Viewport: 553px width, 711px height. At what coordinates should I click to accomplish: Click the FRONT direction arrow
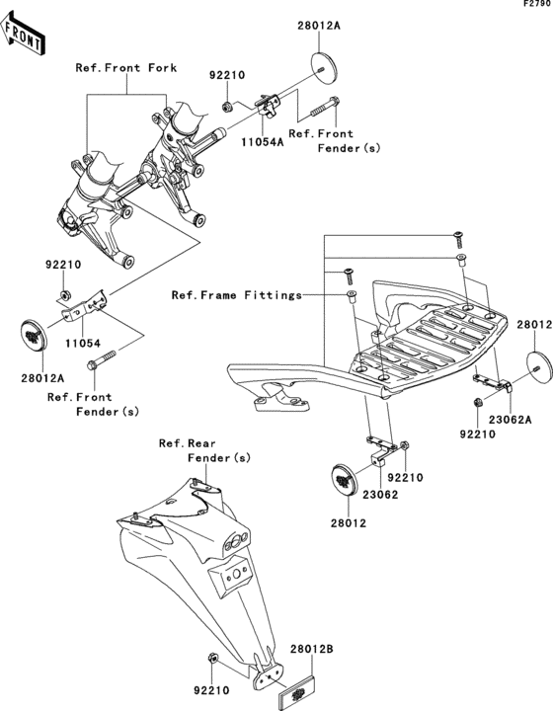(x=22, y=34)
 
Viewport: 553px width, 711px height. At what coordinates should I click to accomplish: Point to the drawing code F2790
(x=537, y=4)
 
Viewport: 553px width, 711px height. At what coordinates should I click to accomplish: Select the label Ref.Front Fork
(x=126, y=68)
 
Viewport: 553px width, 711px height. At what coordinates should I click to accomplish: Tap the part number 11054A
(x=263, y=142)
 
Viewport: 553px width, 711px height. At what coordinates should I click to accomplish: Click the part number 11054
(x=83, y=344)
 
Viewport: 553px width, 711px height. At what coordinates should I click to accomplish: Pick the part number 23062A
(x=510, y=420)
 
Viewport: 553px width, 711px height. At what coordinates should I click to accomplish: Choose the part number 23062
(x=380, y=495)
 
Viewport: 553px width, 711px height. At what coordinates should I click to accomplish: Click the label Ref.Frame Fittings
(x=237, y=295)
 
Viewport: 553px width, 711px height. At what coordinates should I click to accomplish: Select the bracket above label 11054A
(x=270, y=106)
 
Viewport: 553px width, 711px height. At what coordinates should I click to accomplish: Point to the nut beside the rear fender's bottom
(x=212, y=658)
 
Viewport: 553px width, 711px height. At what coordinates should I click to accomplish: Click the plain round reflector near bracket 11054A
(x=325, y=68)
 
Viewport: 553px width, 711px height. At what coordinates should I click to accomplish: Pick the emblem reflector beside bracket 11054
(x=33, y=336)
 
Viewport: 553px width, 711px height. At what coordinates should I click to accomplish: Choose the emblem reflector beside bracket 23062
(x=346, y=479)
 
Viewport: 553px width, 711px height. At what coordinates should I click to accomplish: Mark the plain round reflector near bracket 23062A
(x=539, y=366)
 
